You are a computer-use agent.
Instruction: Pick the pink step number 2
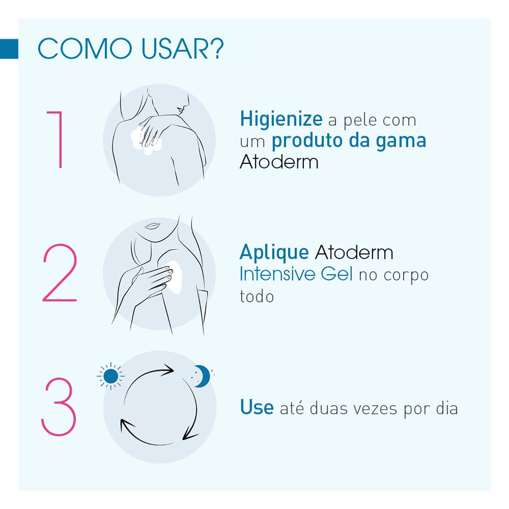click(60, 275)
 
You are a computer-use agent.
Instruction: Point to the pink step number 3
click(60, 407)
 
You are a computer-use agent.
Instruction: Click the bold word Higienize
click(281, 120)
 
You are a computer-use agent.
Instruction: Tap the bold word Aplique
click(274, 252)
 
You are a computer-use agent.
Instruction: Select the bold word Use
click(257, 408)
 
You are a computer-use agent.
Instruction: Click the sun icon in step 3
click(110, 376)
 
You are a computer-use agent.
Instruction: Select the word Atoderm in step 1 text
click(279, 162)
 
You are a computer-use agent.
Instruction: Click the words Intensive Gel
click(296, 274)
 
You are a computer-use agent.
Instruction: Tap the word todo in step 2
click(257, 296)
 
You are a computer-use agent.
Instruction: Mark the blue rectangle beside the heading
click(9, 49)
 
